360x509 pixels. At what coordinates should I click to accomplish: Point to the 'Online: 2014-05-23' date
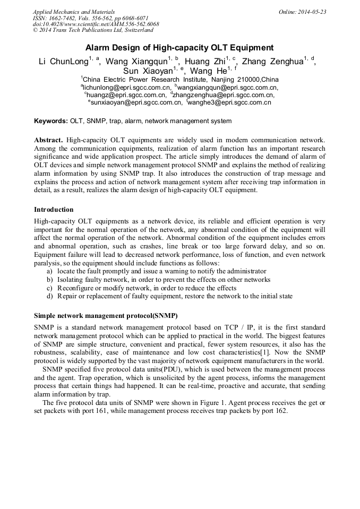click(x=302, y=11)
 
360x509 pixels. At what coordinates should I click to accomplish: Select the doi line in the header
click(x=96, y=24)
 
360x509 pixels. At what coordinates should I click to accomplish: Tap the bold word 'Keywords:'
click(x=51, y=121)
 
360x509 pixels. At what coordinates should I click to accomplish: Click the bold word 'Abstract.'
click(x=48, y=140)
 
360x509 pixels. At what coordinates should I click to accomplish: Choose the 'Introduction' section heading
click(x=54, y=210)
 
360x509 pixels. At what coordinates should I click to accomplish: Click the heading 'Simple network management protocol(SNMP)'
click(x=106, y=315)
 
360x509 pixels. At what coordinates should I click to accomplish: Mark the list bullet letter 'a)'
click(x=49, y=271)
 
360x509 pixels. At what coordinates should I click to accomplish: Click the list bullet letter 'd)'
click(x=49, y=296)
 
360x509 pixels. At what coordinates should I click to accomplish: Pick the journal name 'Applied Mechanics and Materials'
click(x=73, y=11)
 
